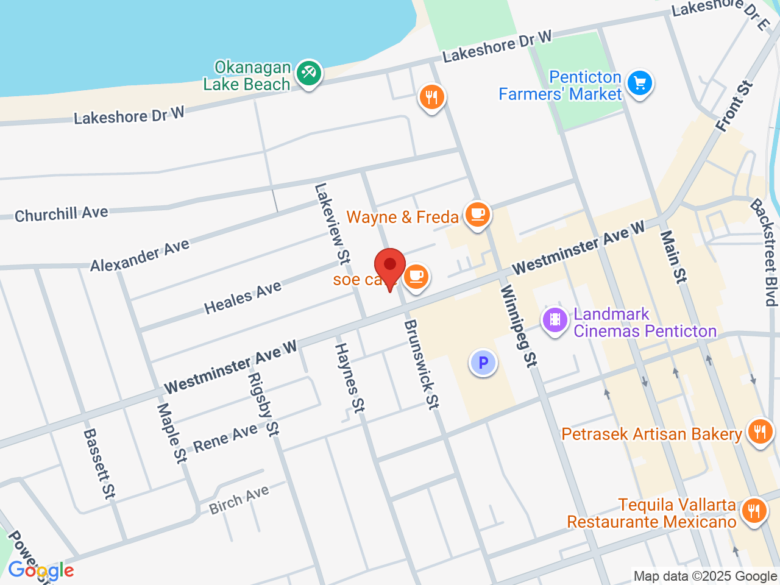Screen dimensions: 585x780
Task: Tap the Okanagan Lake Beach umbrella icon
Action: click(309, 74)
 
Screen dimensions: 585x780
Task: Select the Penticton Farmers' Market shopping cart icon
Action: click(639, 83)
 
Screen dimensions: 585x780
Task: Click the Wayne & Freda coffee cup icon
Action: click(478, 214)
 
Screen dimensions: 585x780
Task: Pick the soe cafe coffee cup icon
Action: click(416, 277)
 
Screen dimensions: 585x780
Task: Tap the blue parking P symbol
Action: click(483, 363)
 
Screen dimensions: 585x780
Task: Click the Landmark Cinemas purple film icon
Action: click(555, 319)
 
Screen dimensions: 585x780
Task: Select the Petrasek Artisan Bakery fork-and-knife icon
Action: click(759, 432)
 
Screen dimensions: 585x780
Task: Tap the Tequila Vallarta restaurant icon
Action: click(754, 510)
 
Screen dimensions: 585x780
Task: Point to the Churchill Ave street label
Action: click(61, 214)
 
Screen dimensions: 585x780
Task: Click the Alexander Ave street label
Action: click(140, 255)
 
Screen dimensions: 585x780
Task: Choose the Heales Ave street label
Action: click(243, 297)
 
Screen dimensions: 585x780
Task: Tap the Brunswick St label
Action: click(421, 364)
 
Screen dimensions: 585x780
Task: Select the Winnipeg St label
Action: click(519, 326)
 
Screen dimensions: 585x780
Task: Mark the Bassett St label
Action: click(99, 464)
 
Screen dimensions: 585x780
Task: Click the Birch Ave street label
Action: click(239, 500)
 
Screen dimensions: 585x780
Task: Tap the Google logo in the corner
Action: click(41, 571)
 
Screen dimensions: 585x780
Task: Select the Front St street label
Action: click(735, 106)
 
